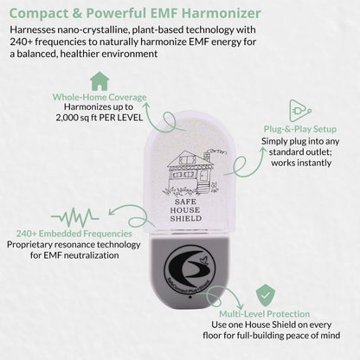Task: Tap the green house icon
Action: [x=100, y=81]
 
